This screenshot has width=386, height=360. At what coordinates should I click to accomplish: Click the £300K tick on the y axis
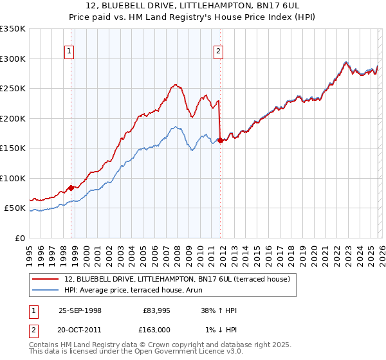(13, 59)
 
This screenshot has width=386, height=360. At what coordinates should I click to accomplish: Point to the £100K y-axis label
(13, 178)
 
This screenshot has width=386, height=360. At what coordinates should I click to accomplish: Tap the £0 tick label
(19, 238)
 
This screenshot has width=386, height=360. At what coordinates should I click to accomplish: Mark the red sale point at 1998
(71, 188)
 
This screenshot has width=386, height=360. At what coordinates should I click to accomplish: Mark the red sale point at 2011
(220, 140)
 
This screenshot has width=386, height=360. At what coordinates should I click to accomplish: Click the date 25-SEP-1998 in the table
(80, 310)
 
